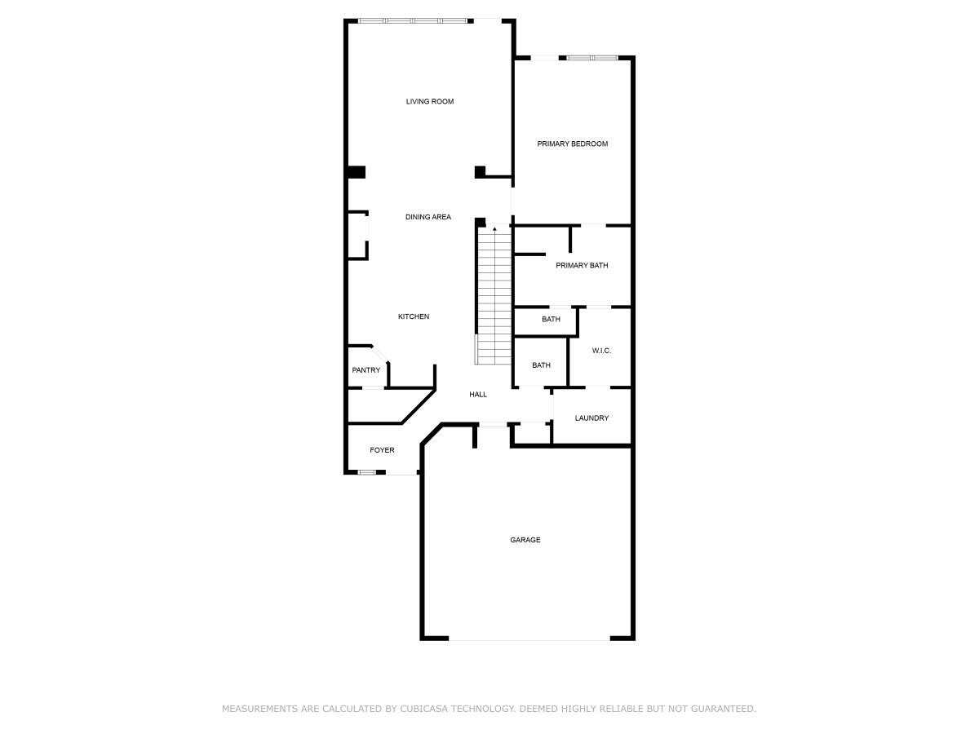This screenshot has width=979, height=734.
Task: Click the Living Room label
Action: click(x=430, y=102)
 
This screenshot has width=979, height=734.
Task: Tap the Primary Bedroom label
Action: click(x=572, y=144)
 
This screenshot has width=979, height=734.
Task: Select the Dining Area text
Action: click(x=428, y=217)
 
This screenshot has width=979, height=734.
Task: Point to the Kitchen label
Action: click(x=414, y=316)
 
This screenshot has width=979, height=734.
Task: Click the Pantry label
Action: click(x=366, y=370)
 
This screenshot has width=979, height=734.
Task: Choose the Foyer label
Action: click(x=382, y=450)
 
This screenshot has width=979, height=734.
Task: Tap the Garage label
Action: click(x=525, y=540)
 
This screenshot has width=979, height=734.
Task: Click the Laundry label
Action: click(x=591, y=418)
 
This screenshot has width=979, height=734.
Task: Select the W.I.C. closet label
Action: click(x=601, y=351)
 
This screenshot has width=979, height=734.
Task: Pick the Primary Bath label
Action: click(x=582, y=266)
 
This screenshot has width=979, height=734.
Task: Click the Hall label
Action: click(x=478, y=395)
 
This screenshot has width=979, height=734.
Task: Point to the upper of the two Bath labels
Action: click(x=551, y=320)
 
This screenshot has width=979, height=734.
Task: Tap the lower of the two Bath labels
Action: click(x=541, y=365)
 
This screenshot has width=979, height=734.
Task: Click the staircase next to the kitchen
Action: click(x=494, y=302)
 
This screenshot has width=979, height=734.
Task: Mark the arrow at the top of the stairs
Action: click(x=494, y=230)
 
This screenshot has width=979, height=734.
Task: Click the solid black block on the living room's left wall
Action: click(x=357, y=172)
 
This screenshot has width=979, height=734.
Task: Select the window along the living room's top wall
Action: click(x=413, y=20)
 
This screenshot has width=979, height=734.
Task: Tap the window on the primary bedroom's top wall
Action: click(x=592, y=58)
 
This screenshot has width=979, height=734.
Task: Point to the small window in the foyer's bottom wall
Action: click(x=367, y=472)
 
